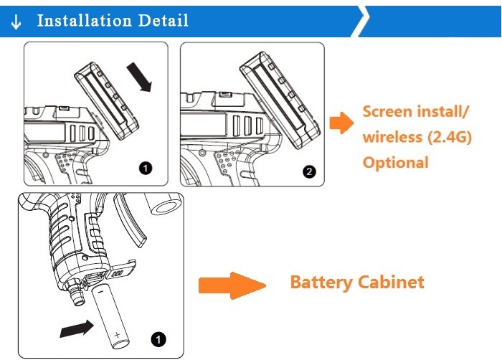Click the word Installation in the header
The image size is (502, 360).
80,20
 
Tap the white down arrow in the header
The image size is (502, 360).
16,22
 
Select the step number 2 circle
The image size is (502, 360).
309,171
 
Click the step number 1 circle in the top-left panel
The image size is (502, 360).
146,169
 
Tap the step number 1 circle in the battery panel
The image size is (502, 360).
158,338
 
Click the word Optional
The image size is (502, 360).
395,162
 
